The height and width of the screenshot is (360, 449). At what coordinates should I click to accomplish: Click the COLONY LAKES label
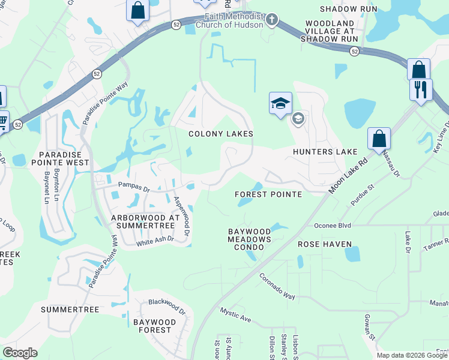221,134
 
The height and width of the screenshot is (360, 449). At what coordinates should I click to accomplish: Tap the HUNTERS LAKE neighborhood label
325,152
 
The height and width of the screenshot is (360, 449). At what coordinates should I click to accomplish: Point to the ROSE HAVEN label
325,244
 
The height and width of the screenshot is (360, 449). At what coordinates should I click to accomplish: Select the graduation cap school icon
280,104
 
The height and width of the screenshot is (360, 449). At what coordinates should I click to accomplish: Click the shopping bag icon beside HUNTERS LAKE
379,139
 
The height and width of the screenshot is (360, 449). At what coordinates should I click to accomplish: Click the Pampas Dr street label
133,187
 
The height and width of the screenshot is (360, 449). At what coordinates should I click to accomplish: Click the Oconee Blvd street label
332,226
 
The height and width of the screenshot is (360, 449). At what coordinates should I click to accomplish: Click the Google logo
20,353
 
